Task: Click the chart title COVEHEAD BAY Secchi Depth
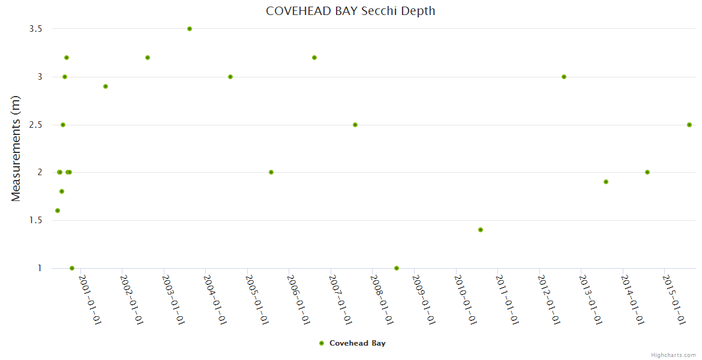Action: pos(350,11)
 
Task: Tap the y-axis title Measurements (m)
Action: pos(16,148)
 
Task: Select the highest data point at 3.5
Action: pos(190,29)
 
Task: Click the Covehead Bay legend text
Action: pos(357,343)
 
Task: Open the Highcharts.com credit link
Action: pos(673,355)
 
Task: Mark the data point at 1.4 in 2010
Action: pos(481,230)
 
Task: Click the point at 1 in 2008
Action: pos(397,268)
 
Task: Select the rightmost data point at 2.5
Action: pos(689,125)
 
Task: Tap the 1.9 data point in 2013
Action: pos(606,182)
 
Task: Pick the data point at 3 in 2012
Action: pos(564,77)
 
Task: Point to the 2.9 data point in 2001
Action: pos(106,86)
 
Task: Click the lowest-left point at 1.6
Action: pos(58,211)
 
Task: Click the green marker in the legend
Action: pos(322,343)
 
